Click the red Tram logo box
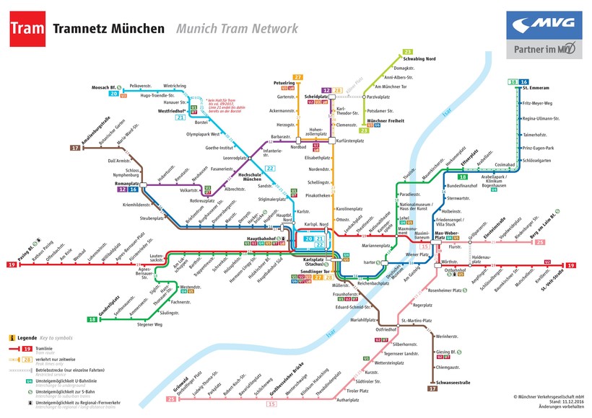click(x=29, y=28)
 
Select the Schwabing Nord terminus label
click(x=419, y=58)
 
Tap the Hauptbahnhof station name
click(x=263, y=237)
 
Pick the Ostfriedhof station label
click(x=387, y=329)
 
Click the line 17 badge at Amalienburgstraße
click(x=75, y=148)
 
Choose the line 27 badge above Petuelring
click(x=297, y=76)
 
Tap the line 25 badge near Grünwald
click(x=170, y=399)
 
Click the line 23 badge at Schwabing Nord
click(x=408, y=52)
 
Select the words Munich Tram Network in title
click(x=236, y=29)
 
